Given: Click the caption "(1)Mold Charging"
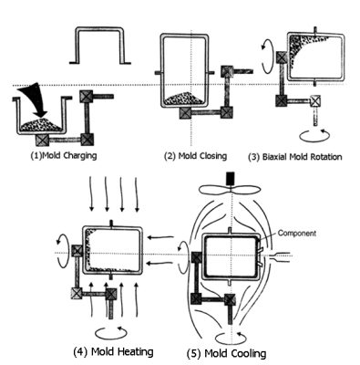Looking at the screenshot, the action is pyautogui.click(x=64, y=156).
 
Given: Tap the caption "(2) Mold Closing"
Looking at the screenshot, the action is pyautogui.click(x=195, y=156).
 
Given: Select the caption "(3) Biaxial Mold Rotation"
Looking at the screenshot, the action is pyautogui.click(x=295, y=157).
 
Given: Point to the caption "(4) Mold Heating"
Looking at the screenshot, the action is pyautogui.click(x=113, y=351).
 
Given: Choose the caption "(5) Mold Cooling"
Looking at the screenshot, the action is pyautogui.click(x=226, y=353).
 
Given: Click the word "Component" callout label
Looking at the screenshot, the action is pyautogui.click(x=297, y=234).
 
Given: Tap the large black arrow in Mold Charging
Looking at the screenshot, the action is pyautogui.click(x=35, y=99).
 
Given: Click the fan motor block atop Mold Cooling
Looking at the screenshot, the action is pyautogui.click(x=231, y=179).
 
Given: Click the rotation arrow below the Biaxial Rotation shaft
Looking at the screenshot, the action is pyautogui.click(x=315, y=135).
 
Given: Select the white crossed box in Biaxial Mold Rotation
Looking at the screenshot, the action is pyautogui.click(x=315, y=100).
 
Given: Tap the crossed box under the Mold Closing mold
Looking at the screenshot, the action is pyautogui.click(x=185, y=113).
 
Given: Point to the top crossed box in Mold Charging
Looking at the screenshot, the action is pyautogui.click(x=85, y=97).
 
